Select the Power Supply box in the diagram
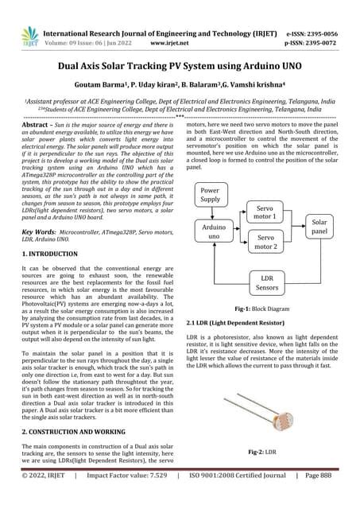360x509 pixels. tap(211, 194)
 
